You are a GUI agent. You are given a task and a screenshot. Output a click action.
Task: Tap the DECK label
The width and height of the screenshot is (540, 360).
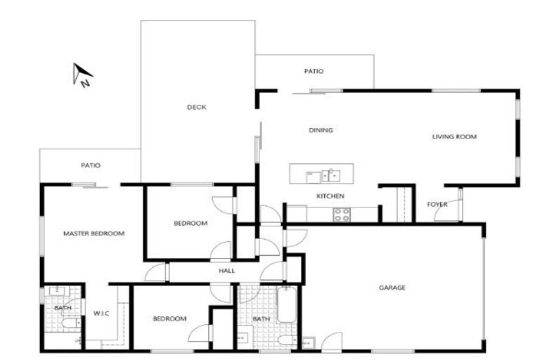tap(196, 108)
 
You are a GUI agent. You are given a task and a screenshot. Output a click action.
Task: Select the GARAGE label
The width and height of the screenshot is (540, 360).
tap(392, 288)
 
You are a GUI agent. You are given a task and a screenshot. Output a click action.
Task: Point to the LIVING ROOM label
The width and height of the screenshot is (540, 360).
tap(454, 136)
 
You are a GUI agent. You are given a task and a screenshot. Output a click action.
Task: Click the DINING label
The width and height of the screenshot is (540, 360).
tap(321, 130)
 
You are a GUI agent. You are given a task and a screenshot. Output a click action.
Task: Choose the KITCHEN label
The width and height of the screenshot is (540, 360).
tap(330, 196)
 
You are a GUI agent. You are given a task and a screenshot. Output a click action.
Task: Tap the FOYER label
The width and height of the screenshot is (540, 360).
tap(437, 205)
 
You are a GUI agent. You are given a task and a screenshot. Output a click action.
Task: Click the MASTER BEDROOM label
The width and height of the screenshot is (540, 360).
tap(94, 233)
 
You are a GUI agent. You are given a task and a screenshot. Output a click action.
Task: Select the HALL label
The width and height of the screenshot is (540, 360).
tap(226, 271)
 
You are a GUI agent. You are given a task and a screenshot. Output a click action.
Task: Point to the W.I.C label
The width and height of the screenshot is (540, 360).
tap(101, 314)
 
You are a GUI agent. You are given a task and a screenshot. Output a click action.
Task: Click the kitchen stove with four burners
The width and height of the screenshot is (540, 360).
tap(342, 214)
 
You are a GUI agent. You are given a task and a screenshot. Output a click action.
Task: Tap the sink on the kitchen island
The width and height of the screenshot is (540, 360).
tap(330, 174)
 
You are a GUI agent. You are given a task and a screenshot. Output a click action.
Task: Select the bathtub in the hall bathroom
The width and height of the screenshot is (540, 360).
tap(287, 305)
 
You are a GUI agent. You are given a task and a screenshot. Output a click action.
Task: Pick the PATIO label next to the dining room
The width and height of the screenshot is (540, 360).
tap(314, 72)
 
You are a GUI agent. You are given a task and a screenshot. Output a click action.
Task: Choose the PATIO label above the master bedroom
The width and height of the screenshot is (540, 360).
tap(91, 166)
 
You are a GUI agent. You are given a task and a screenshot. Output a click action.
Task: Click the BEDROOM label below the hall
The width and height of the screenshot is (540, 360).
tap(169, 319)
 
